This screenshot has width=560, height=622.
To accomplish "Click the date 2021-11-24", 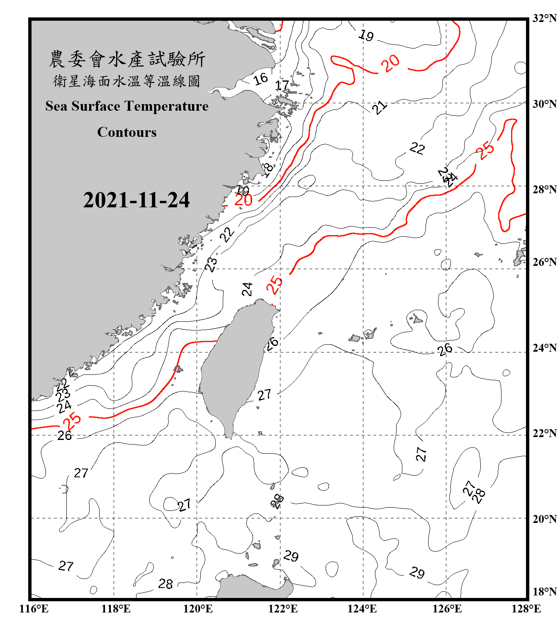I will point(136,200).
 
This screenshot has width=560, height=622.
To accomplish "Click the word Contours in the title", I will point(127,132).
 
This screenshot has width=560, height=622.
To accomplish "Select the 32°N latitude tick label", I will point(544,18).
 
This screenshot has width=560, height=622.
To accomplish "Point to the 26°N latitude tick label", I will point(544,262).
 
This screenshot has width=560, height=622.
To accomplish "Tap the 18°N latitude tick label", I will point(544,592).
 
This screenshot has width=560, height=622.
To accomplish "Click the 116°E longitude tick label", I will point(34,609).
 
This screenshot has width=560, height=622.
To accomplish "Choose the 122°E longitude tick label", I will point(283,609).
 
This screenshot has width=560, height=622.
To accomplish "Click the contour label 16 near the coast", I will point(261,79).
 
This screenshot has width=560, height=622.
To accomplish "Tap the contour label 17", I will point(282,85).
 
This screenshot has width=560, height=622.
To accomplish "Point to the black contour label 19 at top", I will point(366,36).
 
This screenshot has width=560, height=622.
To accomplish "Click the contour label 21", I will point(379,107).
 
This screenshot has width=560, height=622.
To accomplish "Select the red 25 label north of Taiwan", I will point(274,285).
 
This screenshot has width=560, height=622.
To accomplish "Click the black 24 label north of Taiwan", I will point(247,289).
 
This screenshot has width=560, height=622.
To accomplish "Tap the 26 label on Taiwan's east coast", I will point(272,343).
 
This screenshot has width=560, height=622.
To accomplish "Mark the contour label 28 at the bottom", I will point(166,584).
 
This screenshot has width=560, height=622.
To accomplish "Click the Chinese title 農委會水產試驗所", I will point(127,59).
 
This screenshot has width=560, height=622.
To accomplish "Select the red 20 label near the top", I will point(390,63).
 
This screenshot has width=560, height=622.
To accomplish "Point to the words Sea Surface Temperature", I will point(127,106).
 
